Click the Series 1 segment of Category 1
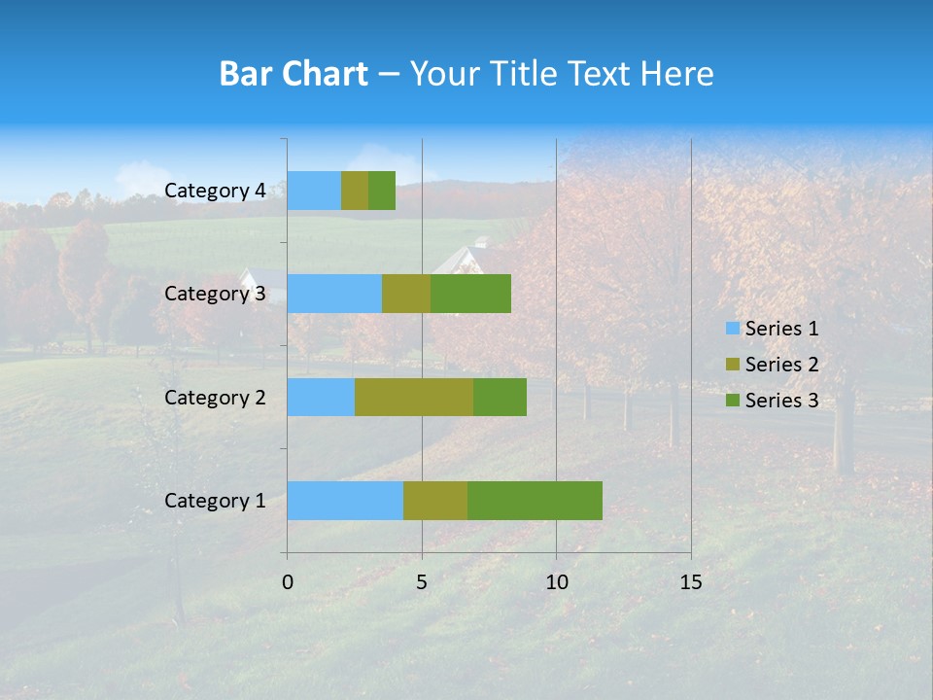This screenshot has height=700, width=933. coord(345,501)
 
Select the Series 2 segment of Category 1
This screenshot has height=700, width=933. coord(435,501)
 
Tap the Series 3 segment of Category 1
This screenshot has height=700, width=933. coord(535,501)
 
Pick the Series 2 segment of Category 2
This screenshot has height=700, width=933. coord(414,398)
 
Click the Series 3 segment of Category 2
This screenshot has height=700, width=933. coord(500,398)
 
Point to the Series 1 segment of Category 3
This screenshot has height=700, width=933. coord(334,294)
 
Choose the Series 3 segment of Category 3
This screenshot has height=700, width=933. coord(470,294)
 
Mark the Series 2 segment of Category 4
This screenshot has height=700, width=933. coord(355,191)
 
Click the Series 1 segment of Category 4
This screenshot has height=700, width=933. coord(314,191)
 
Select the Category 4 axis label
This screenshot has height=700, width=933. coord(215,191)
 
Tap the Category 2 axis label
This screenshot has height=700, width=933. coord(215,398)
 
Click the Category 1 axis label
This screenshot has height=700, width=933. coord(215,501)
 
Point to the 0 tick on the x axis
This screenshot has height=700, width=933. coord(288,582)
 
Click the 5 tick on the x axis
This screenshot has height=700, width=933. coord(422,582)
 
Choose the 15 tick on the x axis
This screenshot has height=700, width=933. coord(691,582)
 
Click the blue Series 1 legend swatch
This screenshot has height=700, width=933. coord(732,329)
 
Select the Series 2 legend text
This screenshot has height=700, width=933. coord(781,365)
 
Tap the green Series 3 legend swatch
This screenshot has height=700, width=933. coord(732,401)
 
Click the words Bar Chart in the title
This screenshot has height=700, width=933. coord(294,74)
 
